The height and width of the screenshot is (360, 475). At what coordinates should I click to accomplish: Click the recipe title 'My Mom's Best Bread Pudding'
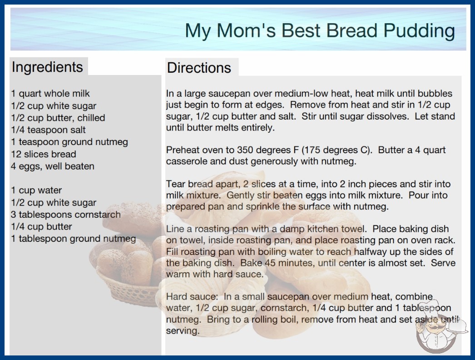coord(320,31)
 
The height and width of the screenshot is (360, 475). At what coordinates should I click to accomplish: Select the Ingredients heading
coord(47,67)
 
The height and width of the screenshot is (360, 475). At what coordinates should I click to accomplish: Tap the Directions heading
coord(199,68)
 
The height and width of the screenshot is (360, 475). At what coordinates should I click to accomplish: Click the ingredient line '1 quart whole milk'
coord(50,94)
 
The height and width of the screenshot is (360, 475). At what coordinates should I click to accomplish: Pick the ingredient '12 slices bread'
coord(43,154)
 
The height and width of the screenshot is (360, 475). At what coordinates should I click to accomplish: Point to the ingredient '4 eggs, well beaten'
coord(53,166)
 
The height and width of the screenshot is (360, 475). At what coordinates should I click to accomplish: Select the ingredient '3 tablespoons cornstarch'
coord(66,215)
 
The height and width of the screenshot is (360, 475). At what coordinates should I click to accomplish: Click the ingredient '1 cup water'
coord(36,190)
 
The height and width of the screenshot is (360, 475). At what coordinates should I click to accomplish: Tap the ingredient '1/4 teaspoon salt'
coord(49,130)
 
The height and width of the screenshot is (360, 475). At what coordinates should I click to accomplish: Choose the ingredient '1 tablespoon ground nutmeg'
coord(73,239)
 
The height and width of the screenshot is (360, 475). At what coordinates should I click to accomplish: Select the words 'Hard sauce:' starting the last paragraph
coord(192,296)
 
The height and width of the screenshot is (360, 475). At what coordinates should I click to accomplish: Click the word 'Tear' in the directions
coord(176,184)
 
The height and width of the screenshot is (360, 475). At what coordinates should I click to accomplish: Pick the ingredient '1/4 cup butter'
coord(41,226)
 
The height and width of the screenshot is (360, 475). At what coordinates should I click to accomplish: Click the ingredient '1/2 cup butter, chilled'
coord(58,118)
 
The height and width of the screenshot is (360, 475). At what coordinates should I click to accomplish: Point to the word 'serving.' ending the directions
coord(183,330)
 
